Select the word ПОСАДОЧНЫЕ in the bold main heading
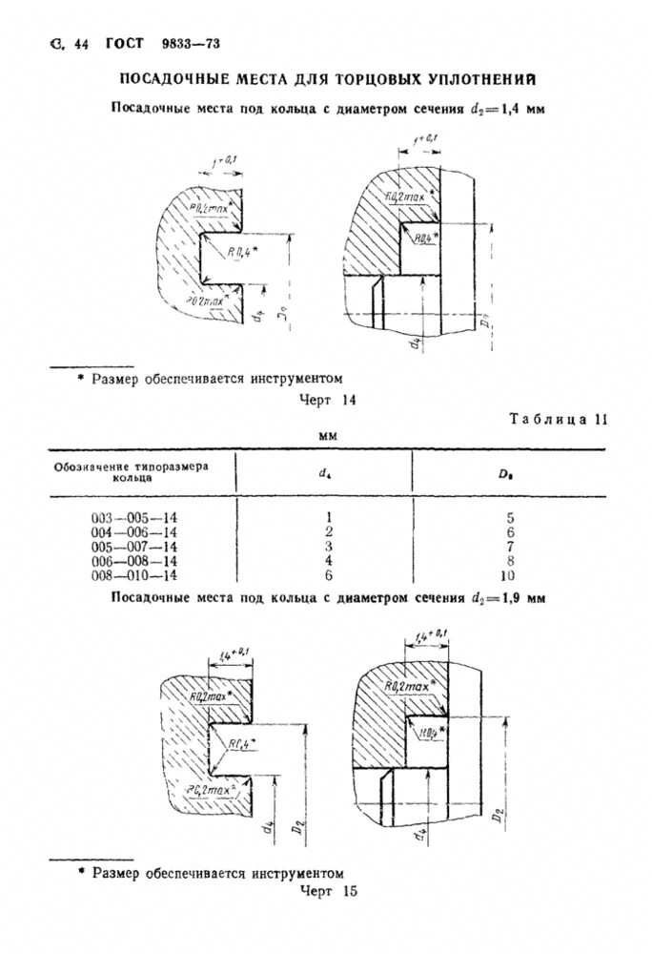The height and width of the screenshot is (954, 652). (182, 79)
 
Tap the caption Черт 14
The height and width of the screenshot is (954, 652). (328, 401)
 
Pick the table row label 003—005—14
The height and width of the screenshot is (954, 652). (133, 518)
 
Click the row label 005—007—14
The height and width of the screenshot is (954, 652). (133, 548)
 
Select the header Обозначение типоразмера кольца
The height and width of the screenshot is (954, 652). (131, 470)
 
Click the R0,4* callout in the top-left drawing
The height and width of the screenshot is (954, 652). (242, 250)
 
